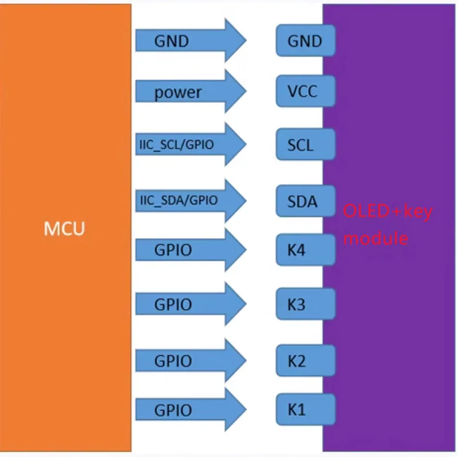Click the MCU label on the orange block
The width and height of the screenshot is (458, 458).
click(64, 228)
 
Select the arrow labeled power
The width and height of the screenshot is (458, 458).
click(191, 91)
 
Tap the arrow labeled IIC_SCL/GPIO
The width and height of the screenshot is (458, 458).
click(191, 144)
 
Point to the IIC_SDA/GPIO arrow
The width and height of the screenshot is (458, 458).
click(191, 201)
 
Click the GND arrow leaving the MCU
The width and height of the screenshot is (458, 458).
click(191, 40)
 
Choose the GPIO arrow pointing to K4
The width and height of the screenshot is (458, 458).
click(191, 250)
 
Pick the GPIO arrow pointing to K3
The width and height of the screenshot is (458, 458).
click(191, 304)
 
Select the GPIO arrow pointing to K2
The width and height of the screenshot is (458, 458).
click(191, 361)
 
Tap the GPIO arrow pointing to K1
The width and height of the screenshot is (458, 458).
click(191, 409)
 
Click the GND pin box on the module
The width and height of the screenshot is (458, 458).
click(306, 40)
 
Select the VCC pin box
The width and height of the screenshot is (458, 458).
click(306, 91)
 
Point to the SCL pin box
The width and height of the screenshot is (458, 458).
click(306, 144)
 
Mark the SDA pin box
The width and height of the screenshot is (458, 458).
click(306, 201)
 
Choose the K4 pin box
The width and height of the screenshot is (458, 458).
click(306, 250)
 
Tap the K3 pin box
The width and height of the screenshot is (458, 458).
click(306, 304)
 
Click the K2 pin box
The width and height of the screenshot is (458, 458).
click(306, 361)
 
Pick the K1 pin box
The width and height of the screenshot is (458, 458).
click(306, 409)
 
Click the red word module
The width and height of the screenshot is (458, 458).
click(376, 238)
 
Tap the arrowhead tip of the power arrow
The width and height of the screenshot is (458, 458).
click(246, 91)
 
